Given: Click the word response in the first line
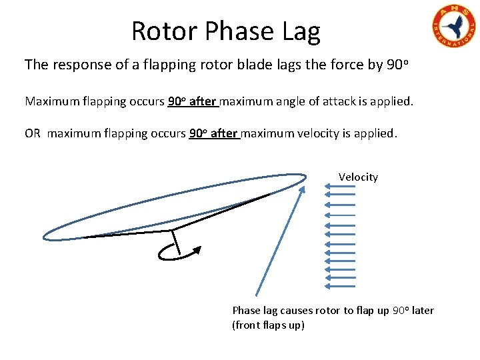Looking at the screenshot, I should (79, 65).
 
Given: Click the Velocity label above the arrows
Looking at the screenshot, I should (358, 177).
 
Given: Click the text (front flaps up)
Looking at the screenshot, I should (268, 325).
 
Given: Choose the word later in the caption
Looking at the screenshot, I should (423, 310).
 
